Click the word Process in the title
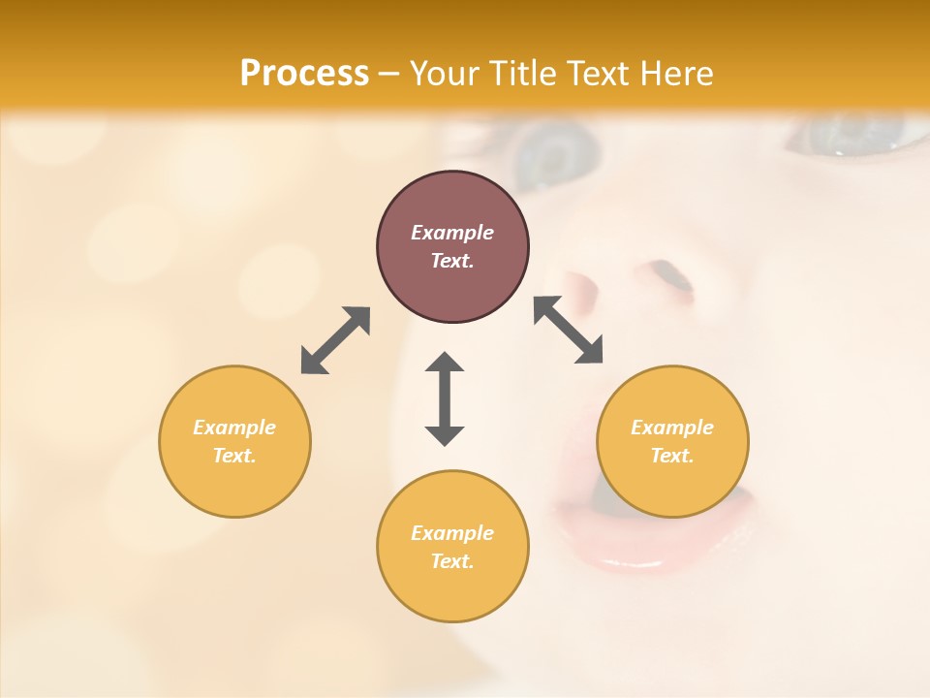click(304, 74)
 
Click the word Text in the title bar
click(601, 74)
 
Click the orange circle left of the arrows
click(234, 441)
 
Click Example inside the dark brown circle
click(452, 233)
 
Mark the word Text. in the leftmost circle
click(234, 456)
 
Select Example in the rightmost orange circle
click(672, 428)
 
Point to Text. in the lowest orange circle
click(452, 561)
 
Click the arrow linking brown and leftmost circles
click(335, 340)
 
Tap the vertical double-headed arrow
click(445, 398)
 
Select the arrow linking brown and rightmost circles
click(569, 330)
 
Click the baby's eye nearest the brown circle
click(557, 155)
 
